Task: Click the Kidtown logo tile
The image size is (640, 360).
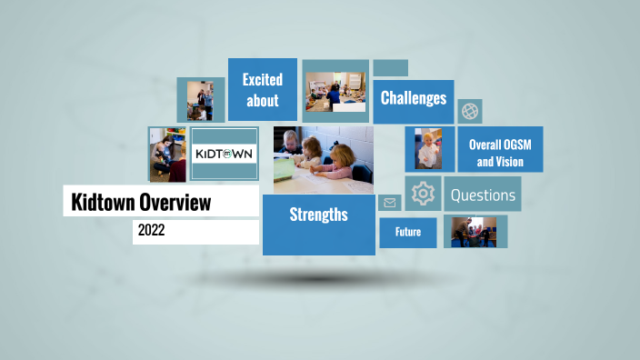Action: coord(225,152)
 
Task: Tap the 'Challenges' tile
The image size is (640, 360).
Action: coord(414,98)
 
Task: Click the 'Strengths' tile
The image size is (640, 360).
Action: coord(318,215)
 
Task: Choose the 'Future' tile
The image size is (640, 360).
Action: coord(407,232)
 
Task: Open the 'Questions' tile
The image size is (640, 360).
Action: coord(483,195)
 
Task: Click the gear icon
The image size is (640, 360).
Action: coord(423,194)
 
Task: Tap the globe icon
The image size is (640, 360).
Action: coord(470,112)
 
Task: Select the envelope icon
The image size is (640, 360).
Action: coord(390,203)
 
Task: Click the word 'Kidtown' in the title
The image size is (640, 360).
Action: coord(101,202)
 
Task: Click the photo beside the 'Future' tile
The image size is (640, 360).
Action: coord(475,232)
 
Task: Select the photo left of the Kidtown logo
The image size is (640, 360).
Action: coord(167,154)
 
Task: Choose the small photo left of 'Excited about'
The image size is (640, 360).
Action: coord(200,99)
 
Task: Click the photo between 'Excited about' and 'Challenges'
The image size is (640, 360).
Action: coord(335,91)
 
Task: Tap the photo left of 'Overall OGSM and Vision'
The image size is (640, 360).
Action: coord(429,148)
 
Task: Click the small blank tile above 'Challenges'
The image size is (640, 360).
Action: coord(390,68)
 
